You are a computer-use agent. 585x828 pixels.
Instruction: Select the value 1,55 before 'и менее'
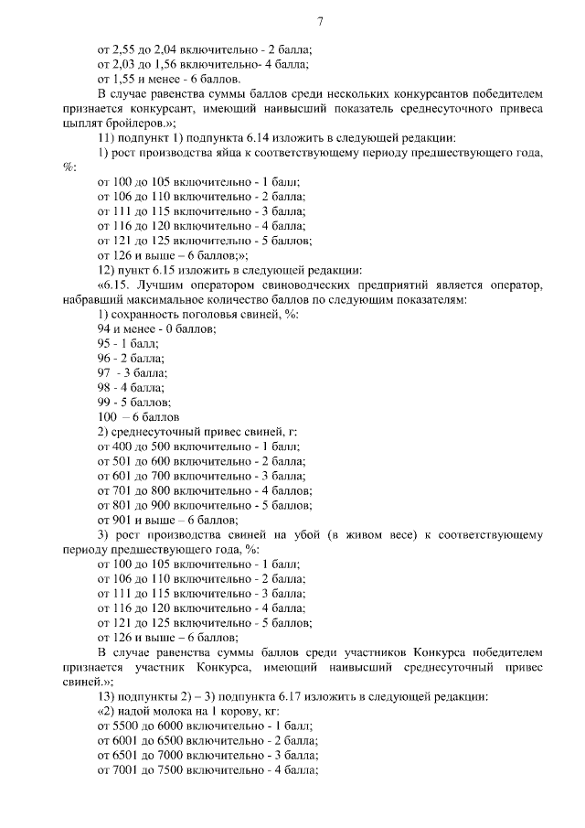[125, 80]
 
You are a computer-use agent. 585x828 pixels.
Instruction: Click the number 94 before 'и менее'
[104, 328]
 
